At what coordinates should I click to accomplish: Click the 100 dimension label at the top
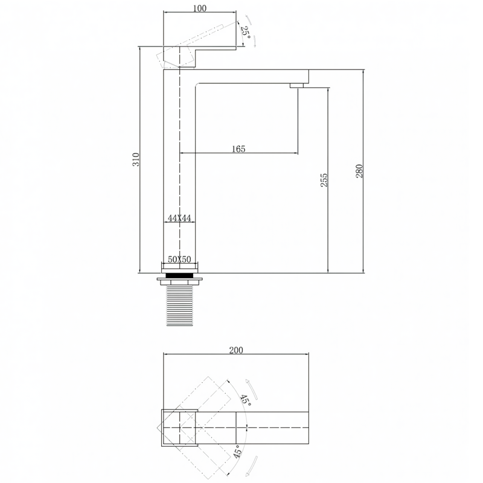pyautogui.click(x=200, y=8)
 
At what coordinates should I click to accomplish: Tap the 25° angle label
pyautogui.click(x=246, y=31)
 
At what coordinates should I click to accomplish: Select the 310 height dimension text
pyautogui.click(x=136, y=159)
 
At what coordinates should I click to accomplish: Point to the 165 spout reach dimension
pyautogui.click(x=238, y=149)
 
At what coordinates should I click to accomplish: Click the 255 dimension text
pyautogui.click(x=324, y=180)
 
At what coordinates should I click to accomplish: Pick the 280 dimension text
pyautogui.click(x=359, y=171)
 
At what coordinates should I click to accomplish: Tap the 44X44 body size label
pyautogui.click(x=179, y=219)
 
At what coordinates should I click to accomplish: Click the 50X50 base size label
pyautogui.click(x=179, y=260)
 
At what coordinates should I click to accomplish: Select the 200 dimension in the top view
pyautogui.click(x=236, y=350)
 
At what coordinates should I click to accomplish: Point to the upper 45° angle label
pyautogui.click(x=246, y=400)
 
